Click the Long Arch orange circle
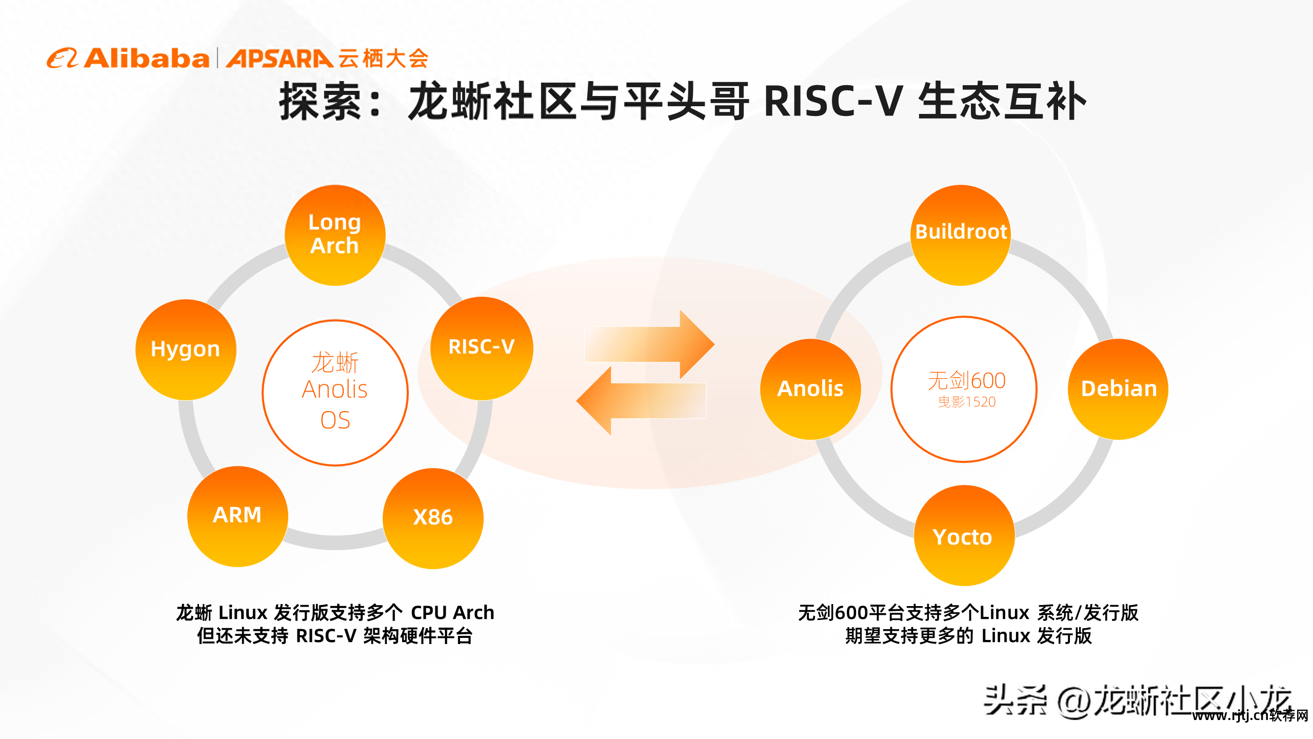tap(335, 235)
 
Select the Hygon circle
tap(186, 349)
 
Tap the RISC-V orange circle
tap(482, 348)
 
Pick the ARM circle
tap(237, 516)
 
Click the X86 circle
tap(433, 518)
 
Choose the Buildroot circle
tap(961, 235)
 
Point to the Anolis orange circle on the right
tap(810, 388)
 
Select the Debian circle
tap(1118, 388)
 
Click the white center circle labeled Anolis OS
tap(335, 393)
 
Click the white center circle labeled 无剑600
tap(964, 389)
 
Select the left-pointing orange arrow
tap(641, 401)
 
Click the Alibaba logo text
tap(147, 59)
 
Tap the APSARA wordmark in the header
tap(280, 59)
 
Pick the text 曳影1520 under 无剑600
tap(967, 402)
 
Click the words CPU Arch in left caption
tap(452, 612)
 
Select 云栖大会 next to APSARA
tap(383, 59)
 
